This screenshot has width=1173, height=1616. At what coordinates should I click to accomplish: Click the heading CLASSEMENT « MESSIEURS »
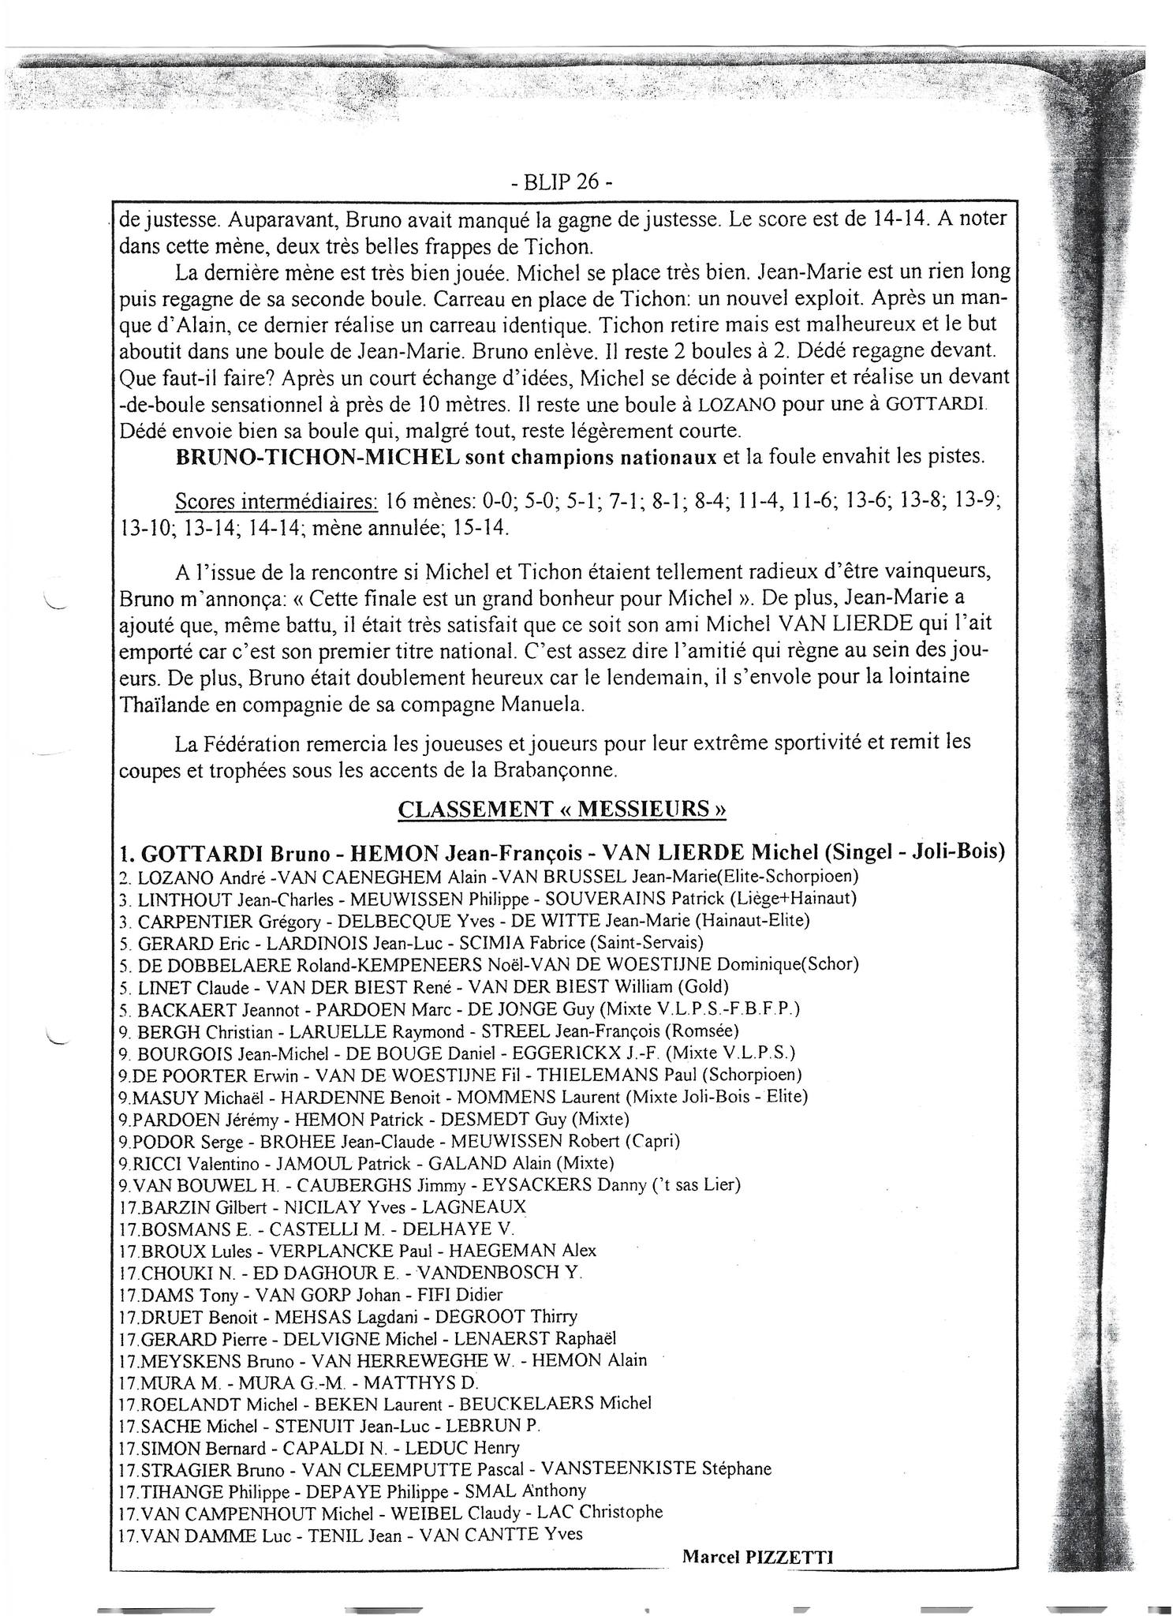click(562, 809)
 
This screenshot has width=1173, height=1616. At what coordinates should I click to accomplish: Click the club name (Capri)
click(649, 1141)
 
